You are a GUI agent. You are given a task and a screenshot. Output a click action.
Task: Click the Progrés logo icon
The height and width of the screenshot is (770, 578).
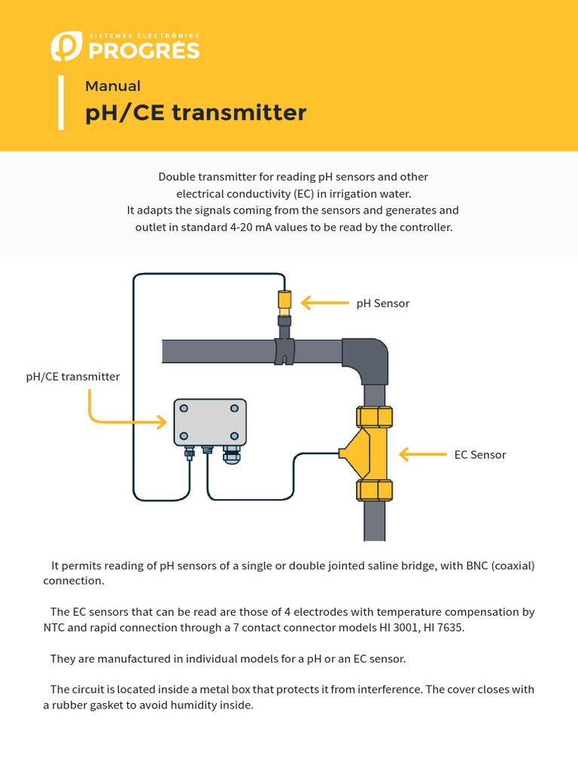click(x=65, y=46)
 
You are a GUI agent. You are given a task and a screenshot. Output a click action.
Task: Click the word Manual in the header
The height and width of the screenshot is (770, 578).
click(x=113, y=86)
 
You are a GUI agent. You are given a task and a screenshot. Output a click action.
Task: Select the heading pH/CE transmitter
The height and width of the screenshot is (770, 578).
click(x=196, y=113)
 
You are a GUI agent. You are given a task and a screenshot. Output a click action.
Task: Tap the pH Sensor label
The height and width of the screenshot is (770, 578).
click(x=382, y=303)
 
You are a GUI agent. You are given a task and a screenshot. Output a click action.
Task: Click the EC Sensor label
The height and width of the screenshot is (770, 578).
click(x=479, y=455)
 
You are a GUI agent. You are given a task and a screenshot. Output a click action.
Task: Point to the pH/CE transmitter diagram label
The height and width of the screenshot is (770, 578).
click(x=73, y=377)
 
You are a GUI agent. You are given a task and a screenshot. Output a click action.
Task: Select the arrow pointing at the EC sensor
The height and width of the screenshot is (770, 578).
click(x=422, y=454)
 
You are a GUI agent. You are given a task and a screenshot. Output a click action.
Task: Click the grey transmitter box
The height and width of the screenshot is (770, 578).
click(x=210, y=422)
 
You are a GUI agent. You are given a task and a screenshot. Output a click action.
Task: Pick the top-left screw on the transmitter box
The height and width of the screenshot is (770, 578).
click(x=185, y=408)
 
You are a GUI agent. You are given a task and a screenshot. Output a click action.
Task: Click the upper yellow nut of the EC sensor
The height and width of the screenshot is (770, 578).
click(x=374, y=416)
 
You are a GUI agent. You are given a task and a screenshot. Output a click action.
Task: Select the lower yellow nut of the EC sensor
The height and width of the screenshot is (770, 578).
click(x=374, y=490)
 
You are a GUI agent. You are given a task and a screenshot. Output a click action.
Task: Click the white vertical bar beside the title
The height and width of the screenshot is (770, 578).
click(x=60, y=102)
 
